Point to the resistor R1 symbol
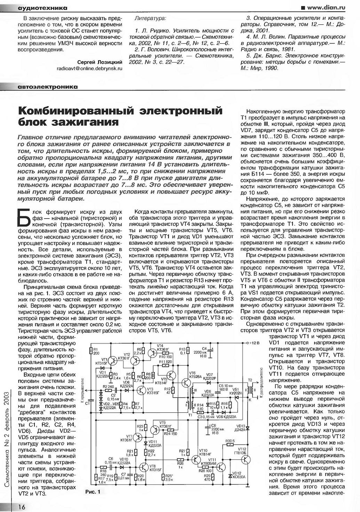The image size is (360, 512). coord(91,352)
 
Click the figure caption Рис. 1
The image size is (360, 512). coord(93,492)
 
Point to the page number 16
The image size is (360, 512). coord(21,507)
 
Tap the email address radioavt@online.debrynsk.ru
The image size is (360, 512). coord(89,69)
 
